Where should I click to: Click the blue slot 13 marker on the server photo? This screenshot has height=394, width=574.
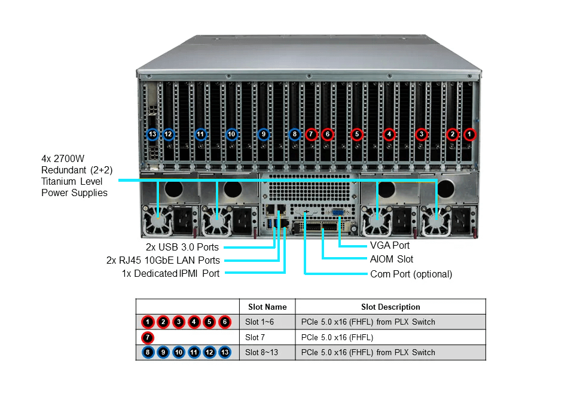point(152,134)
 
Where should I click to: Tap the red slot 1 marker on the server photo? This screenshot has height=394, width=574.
point(470,135)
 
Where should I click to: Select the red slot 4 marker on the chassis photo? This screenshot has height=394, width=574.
point(389,135)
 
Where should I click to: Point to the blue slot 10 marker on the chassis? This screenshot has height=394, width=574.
point(232,135)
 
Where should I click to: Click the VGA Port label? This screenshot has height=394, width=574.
point(390,245)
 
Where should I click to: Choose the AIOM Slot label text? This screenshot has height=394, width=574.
point(392,259)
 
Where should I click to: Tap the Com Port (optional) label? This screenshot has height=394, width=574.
point(411,274)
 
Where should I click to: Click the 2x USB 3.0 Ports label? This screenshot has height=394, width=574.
point(182,247)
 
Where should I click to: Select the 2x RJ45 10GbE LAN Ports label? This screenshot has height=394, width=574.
point(163,260)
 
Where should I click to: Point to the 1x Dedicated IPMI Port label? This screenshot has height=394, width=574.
point(170,274)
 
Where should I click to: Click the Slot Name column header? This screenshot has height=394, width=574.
point(267,307)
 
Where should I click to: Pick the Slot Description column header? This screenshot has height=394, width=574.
point(390,307)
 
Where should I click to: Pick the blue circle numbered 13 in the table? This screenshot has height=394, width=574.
point(224,352)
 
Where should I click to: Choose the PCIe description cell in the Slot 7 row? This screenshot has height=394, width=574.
point(337,337)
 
